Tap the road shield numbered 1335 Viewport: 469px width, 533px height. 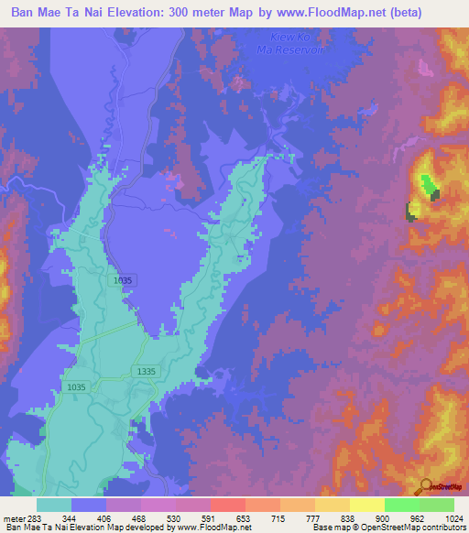click(145, 371)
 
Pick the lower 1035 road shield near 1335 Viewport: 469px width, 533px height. click(77, 387)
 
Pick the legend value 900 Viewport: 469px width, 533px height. click(386, 519)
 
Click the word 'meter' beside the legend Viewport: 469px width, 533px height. click(15, 519)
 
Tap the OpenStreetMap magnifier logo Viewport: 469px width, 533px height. click(427, 486)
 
